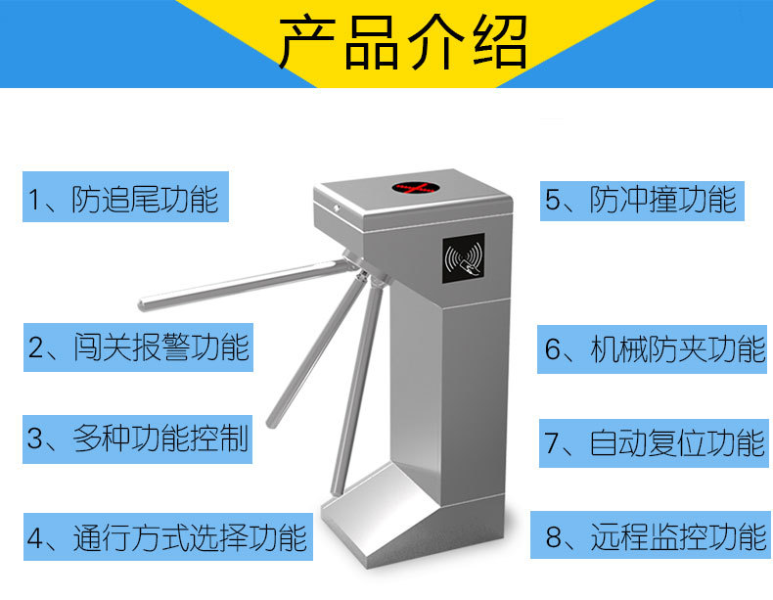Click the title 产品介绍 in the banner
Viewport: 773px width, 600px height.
pyautogui.click(x=403, y=43)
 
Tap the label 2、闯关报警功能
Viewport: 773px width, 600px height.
pyautogui.click(x=139, y=347)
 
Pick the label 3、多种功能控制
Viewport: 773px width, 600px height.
pyautogui.click(x=138, y=439)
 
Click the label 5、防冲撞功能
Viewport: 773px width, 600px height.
pyautogui.click(x=642, y=201)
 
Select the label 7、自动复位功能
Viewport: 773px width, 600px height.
pyautogui.click(x=654, y=443)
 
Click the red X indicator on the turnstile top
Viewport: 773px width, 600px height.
pyautogui.click(x=416, y=188)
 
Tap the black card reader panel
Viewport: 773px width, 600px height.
pyautogui.click(x=464, y=258)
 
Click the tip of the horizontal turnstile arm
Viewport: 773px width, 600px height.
pyautogui.click(x=143, y=304)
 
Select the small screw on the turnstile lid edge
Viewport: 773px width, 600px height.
pyautogui.click(x=337, y=208)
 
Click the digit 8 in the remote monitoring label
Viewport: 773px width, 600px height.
pyautogui.click(x=554, y=537)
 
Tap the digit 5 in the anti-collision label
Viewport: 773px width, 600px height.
pyautogui.click(x=552, y=201)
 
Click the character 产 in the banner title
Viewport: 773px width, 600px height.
pyautogui.click(x=307, y=43)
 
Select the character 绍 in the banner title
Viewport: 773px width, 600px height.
pyautogui.click(x=500, y=43)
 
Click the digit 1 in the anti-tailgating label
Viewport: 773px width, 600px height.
pyautogui.click(x=34, y=199)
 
